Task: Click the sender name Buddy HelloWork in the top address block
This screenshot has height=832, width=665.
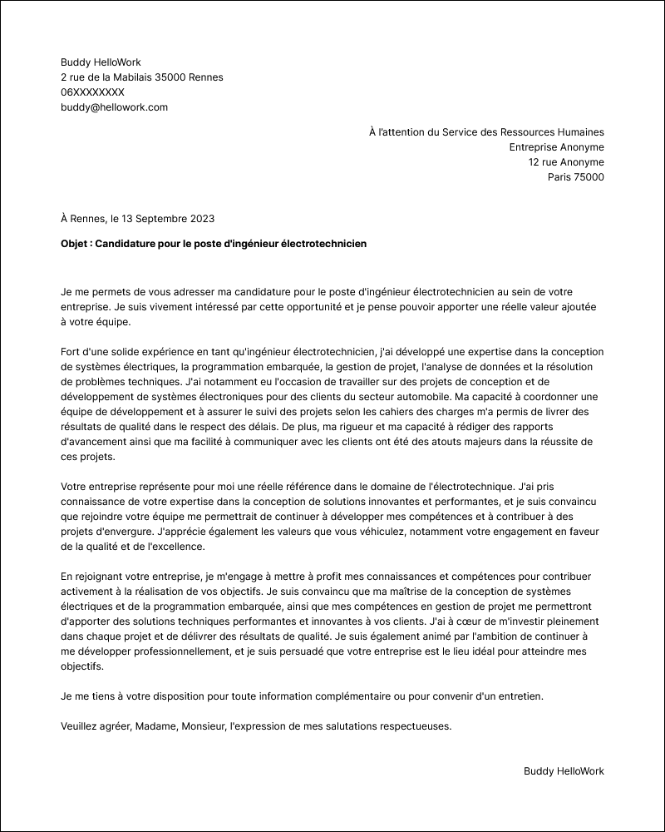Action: tap(101, 62)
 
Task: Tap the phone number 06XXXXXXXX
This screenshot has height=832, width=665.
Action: tap(92, 92)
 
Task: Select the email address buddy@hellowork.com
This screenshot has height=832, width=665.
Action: tap(114, 107)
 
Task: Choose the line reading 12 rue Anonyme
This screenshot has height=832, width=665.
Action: tap(566, 162)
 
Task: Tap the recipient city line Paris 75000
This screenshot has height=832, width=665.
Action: tap(576, 177)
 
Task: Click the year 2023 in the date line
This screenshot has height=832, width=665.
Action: tap(202, 219)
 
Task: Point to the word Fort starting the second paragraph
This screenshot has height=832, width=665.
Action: tap(72, 353)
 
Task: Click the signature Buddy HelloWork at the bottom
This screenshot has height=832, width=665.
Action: tap(564, 771)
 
